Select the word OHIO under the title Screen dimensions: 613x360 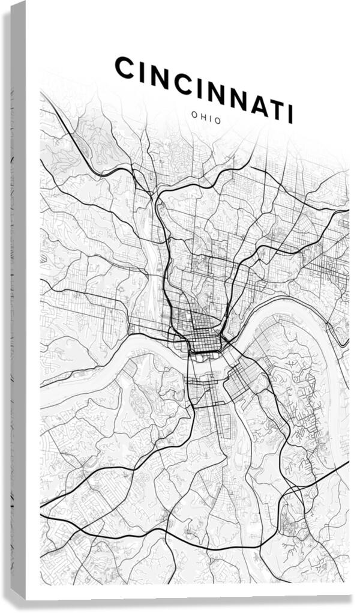tap(206, 119)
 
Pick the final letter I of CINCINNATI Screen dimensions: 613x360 tap(290, 113)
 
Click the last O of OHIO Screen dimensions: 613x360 tap(218, 121)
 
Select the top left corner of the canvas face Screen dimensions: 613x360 tap(28, 3)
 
